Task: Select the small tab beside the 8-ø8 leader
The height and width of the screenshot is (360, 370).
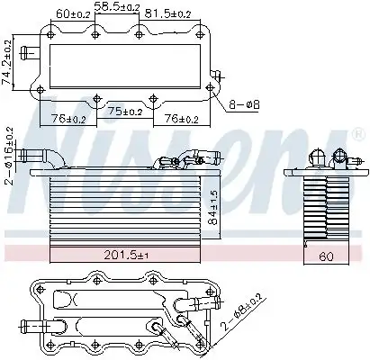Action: [215, 75]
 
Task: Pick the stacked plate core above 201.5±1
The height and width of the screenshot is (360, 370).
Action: [126, 207]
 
